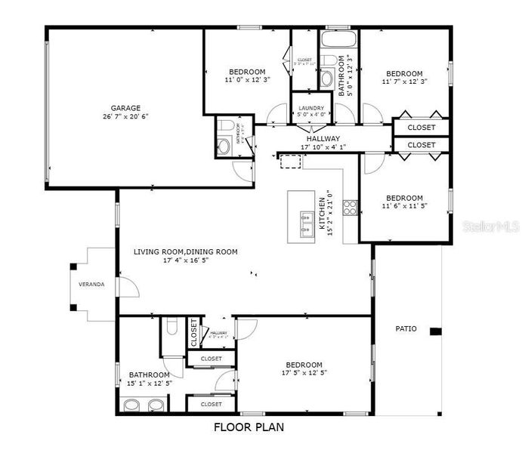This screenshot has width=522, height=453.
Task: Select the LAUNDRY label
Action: tap(311, 108)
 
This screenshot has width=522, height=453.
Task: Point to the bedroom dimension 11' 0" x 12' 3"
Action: tap(247, 79)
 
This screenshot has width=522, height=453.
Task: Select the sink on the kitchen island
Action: tap(307, 220)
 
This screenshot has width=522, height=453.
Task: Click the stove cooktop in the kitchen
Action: tap(351, 208)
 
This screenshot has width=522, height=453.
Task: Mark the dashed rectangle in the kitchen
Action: tap(290, 161)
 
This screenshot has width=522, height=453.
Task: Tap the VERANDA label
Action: tap(91, 284)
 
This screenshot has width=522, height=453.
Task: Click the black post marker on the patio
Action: tap(435, 331)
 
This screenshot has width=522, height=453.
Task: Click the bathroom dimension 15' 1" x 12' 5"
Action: tap(149, 383)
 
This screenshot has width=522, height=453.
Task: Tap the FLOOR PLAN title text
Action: tap(249, 427)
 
